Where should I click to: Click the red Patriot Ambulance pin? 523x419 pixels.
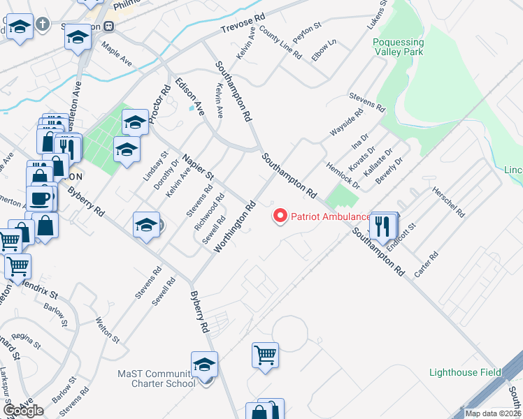(x=280, y=216)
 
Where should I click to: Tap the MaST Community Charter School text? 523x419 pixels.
(x=156, y=379)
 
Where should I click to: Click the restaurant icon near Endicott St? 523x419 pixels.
(x=382, y=225)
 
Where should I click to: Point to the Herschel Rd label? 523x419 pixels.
(x=448, y=201)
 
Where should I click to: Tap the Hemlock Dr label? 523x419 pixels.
(x=343, y=175)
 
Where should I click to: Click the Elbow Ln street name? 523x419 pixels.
(x=324, y=50)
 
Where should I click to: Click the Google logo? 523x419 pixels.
(x=23, y=411)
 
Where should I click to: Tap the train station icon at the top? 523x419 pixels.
(x=108, y=26)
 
